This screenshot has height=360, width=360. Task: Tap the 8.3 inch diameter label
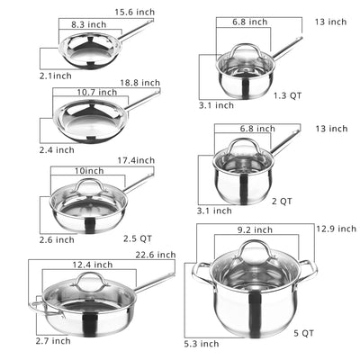tap(89, 26)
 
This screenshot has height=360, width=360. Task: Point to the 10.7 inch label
tap(95, 92)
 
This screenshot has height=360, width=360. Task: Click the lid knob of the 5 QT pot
tap(254, 247)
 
